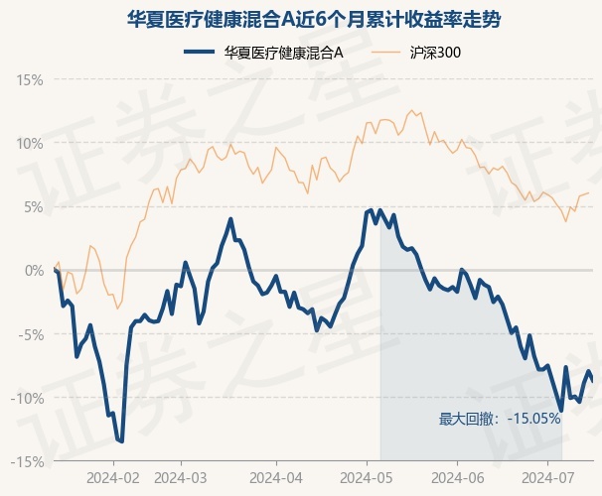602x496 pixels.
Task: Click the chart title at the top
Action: pos(300,18)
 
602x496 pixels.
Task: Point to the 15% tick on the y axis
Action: pos(31,79)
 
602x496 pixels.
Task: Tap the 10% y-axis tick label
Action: pos(31,143)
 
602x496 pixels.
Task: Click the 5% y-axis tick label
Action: pos(34,206)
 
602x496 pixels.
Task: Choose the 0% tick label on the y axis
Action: pos(34,271)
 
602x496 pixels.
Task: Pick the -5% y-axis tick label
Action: pos(31,334)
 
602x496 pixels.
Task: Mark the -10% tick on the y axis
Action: pos(28,398)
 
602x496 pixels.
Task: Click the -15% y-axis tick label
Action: pos(28,461)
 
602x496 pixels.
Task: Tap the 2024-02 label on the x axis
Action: pos(112,476)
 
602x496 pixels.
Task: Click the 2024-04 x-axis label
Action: pos(274,476)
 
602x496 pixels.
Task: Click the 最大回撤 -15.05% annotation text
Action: pos(500,419)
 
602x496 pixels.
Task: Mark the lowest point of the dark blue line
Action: pos(121,441)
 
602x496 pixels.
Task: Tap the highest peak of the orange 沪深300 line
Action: pos(411,109)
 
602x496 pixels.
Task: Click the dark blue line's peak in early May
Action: pos(372,209)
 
